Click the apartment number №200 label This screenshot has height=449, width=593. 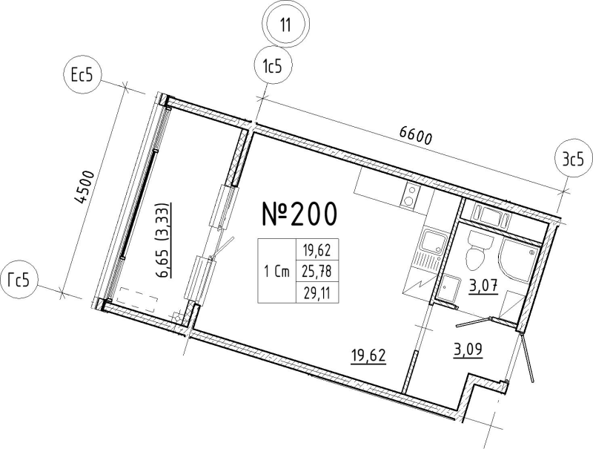[299, 214]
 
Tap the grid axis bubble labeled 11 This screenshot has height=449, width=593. [286, 25]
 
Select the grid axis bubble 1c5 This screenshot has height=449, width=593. [273, 67]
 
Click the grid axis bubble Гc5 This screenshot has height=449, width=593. [19, 281]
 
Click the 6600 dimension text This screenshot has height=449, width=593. [415, 137]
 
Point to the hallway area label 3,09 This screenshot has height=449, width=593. [468, 349]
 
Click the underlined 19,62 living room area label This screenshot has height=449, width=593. [368, 356]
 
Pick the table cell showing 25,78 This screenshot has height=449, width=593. [317, 271]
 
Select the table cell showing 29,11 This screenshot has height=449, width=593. [317, 292]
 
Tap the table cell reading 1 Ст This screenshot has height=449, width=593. [276, 271]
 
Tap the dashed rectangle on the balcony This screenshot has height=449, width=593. [137, 298]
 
